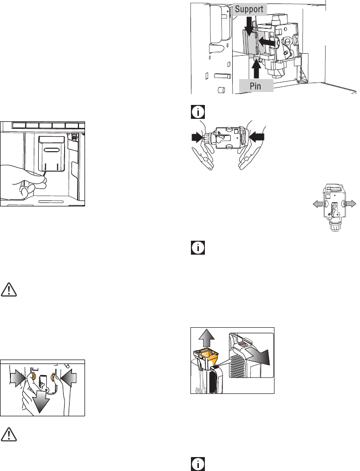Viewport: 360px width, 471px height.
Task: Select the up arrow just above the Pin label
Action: tap(257, 69)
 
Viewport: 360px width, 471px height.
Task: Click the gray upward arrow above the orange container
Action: tap(206, 339)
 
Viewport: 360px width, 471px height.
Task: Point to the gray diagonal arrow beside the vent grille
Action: tap(257, 356)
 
